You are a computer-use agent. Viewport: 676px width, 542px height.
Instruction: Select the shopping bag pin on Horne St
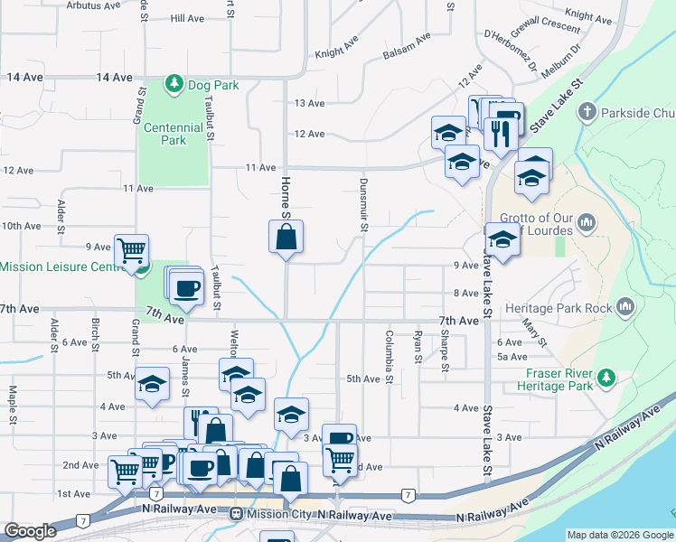pyautogui.click(x=286, y=238)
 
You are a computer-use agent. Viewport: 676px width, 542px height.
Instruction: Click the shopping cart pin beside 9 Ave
pyautogui.click(x=132, y=250)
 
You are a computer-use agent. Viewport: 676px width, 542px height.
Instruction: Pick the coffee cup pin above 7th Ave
pyautogui.click(x=187, y=287)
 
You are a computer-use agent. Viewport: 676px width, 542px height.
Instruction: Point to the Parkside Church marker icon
pyautogui.click(x=587, y=113)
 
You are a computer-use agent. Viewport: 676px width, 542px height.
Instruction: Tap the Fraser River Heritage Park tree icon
pyautogui.click(x=609, y=376)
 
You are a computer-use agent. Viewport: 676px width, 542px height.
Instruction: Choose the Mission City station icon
pyautogui.click(x=236, y=514)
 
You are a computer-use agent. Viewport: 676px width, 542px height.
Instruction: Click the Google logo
pyautogui.click(x=29, y=530)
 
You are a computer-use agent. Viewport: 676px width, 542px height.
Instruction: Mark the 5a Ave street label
pyautogui.click(x=512, y=358)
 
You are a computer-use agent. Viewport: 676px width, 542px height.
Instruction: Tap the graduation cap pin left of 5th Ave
pyautogui.click(x=152, y=383)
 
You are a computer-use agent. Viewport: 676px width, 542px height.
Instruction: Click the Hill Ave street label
pyautogui.click(x=188, y=18)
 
